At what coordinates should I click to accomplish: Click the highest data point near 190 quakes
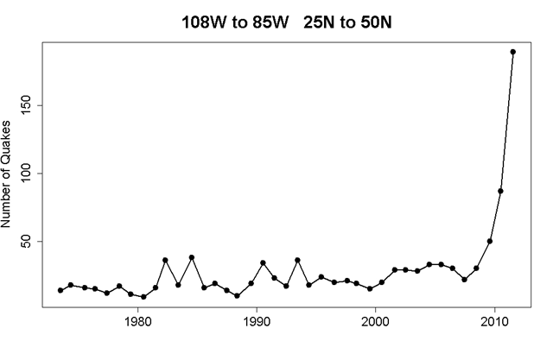click(513, 52)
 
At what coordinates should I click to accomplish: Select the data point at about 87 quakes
click(501, 191)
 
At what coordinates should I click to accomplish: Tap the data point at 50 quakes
click(489, 241)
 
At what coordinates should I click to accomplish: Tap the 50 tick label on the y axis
click(37, 241)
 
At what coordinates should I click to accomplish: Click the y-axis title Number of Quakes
click(10, 173)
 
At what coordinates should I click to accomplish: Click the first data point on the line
click(60, 290)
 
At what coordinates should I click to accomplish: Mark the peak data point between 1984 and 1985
click(192, 257)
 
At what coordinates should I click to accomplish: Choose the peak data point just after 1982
click(165, 260)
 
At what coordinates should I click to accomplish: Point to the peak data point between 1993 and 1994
click(297, 260)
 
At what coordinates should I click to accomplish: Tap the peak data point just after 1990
click(263, 262)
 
